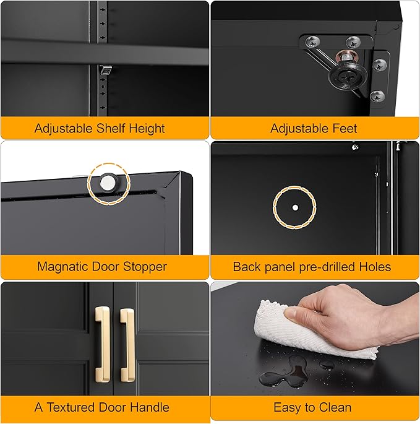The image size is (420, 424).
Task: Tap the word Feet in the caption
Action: click(345, 129)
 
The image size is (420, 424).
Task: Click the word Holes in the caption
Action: click(375, 267)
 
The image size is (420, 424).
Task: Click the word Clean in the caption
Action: click(335, 407)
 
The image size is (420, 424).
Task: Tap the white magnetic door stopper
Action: click(109, 181)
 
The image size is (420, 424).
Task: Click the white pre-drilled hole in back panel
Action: click(295, 206)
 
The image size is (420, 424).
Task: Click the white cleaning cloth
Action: click(291, 328)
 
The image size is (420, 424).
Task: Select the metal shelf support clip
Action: click(106, 72)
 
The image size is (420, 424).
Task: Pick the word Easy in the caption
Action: click(286, 407)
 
